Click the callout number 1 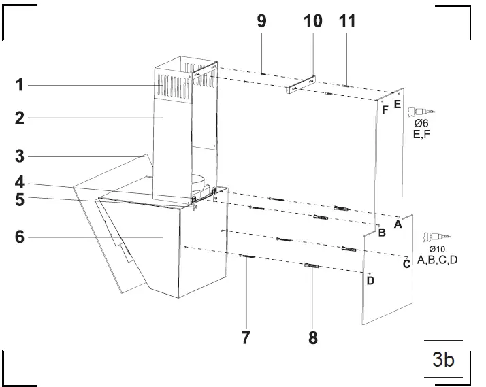pos(20,85)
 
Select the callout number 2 pos(20,118)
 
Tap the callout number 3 pos(20,156)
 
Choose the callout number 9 pos(261,20)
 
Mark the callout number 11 pos(347,20)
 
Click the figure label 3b pos(442,359)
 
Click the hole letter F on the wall pos(385,109)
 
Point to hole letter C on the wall pos(406,264)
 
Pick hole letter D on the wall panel pos(370,280)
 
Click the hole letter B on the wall pos(382,233)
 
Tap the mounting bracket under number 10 pos(300,85)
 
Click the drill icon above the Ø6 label pos(418,112)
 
